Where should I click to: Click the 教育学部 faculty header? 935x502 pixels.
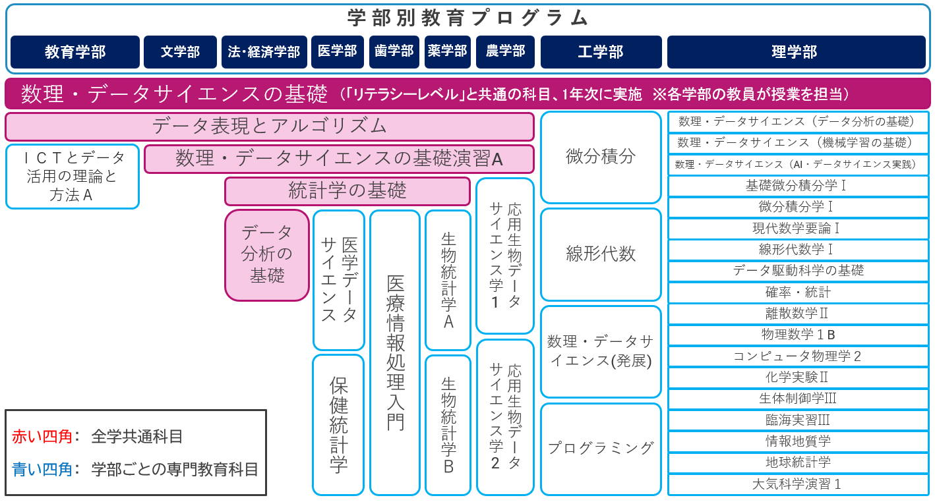point(75,52)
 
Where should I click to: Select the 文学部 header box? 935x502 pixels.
point(180,52)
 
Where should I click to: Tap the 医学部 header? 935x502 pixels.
point(337,52)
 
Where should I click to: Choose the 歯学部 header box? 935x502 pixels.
point(394,52)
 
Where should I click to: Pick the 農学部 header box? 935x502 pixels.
point(505,52)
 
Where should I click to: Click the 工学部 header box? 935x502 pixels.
point(601,52)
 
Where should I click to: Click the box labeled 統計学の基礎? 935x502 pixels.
point(347,191)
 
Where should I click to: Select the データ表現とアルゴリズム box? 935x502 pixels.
point(269,126)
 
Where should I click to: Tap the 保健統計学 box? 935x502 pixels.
point(338,425)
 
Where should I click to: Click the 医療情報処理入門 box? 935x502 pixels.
point(395,352)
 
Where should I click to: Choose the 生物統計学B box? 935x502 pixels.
point(448,425)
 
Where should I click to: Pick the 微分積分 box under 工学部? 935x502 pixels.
point(601,157)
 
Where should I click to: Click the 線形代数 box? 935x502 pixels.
point(601,254)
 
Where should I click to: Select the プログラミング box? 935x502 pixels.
point(601,449)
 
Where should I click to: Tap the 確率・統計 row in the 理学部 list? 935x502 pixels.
point(798,293)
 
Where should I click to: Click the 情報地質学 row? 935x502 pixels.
point(798,441)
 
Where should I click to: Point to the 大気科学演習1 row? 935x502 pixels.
point(798,484)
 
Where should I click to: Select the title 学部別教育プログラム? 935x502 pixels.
point(467,18)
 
